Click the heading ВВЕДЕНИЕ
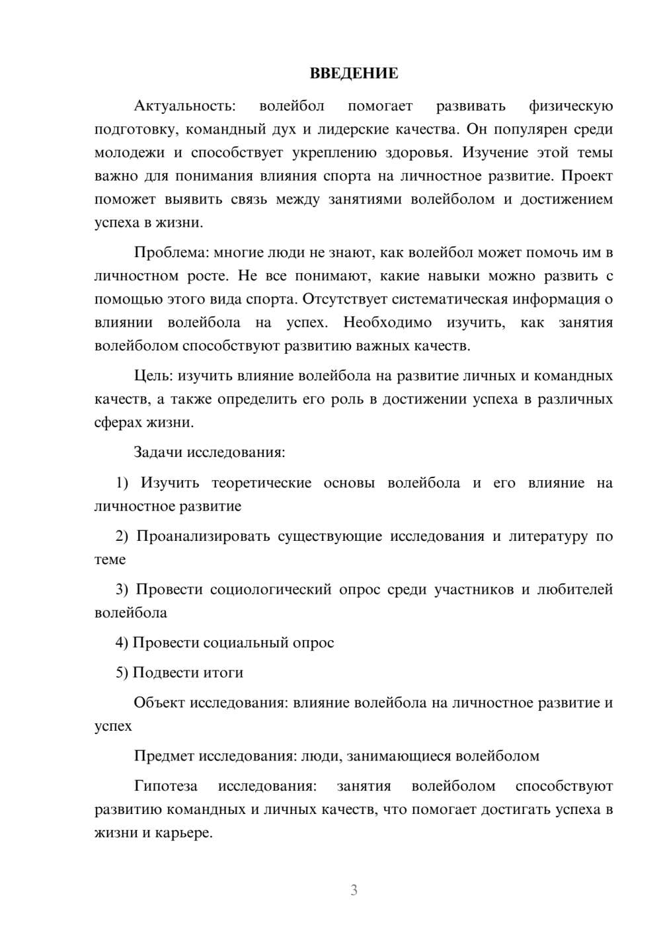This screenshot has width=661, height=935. [354, 73]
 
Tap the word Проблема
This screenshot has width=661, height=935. [171, 253]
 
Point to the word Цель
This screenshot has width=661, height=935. [152, 376]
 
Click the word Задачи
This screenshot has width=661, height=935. [158, 453]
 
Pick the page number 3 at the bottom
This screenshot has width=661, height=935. [354, 890]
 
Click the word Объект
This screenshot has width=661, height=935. [159, 703]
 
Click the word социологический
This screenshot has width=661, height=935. [270, 590]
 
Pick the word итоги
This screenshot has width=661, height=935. [225, 673]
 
